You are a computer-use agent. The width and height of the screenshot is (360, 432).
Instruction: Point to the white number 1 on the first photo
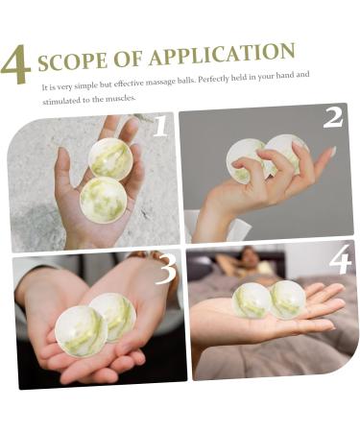point(159,126)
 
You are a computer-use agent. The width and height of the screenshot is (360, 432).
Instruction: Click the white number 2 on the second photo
point(332,117)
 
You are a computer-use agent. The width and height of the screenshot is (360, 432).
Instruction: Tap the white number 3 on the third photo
point(165,272)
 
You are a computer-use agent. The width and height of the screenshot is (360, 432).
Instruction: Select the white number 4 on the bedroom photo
point(339,259)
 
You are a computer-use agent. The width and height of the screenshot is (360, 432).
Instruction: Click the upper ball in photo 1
point(110,157)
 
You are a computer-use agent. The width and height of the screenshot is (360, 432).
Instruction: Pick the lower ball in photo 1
point(103,198)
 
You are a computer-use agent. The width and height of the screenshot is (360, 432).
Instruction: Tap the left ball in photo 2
point(247,160)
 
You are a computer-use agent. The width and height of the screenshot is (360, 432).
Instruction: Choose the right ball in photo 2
point(285,155)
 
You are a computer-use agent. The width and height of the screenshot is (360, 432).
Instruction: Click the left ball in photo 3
point(81,329)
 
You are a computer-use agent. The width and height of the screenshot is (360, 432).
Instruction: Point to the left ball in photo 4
point(252,300)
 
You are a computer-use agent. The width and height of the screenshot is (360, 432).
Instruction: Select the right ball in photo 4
point(287,299)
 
